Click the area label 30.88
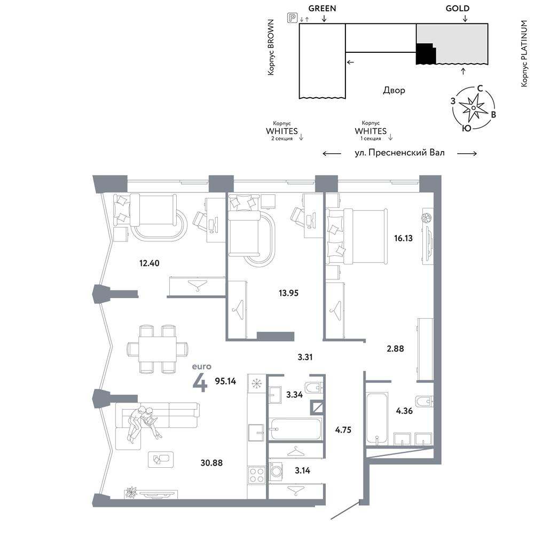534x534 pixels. tap(211, 463)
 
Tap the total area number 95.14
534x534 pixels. tap(225, 381)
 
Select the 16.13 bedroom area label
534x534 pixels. tap(403, 238)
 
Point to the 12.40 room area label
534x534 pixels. tap(149, 263)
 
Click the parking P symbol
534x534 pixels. tap(292, 18)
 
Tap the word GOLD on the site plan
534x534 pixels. tap(458, 9)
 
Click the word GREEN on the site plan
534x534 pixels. tap(322, 9)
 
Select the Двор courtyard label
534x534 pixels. tap(394, 90)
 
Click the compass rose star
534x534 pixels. tap(473, 108)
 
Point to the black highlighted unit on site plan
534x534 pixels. tap(426, 54)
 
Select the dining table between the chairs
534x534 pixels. tap(158, 349)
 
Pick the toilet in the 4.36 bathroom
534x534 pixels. tap(425, 402)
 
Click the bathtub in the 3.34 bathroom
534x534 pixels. tap(295, 429)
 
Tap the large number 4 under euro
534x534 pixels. tap(200, 383)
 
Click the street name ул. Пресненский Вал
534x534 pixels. tap(399, 153)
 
